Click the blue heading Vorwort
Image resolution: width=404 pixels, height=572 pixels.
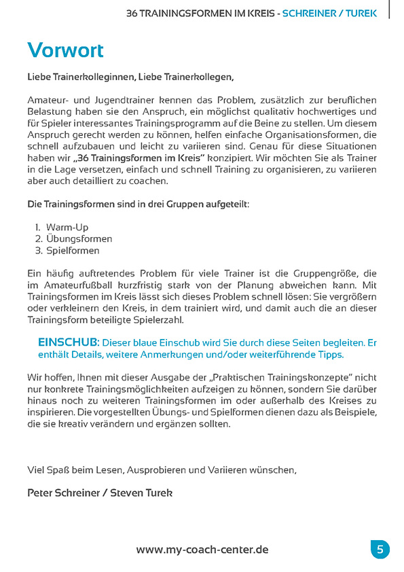(x=66, y=50)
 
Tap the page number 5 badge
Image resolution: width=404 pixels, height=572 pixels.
(x=380, y=549)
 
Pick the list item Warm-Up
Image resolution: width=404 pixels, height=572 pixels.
(x=67, y=227)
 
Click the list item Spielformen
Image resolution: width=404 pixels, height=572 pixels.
(x=73, y=250)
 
